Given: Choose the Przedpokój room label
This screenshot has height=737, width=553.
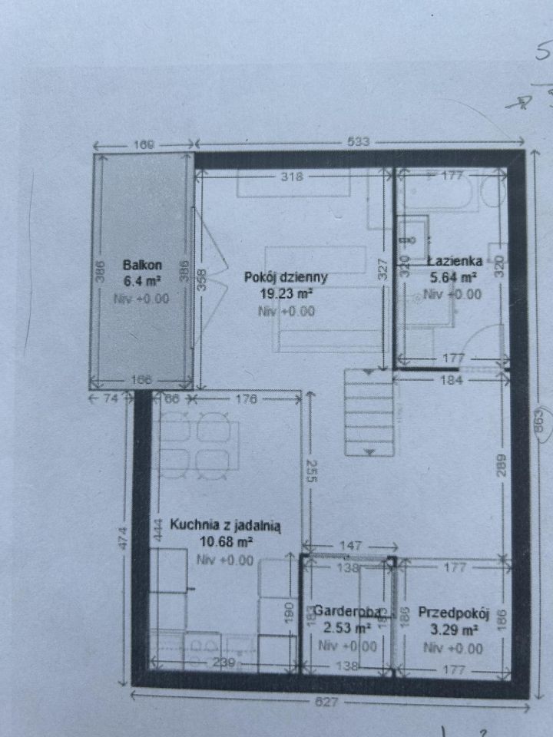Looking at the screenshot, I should point(453,613).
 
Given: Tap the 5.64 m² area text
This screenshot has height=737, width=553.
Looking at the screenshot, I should point(453,278).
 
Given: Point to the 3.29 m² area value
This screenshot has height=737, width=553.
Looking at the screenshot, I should point(453,630).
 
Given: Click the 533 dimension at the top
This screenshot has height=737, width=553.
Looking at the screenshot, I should point(359,142).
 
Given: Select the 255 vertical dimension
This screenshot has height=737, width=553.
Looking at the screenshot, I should point(310,470).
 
